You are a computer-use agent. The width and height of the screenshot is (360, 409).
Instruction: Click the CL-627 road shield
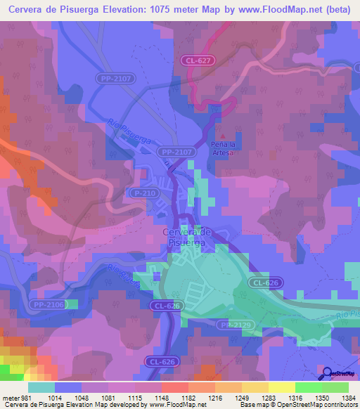click(199, 61)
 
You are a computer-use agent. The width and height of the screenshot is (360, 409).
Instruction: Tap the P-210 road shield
click(142, 192)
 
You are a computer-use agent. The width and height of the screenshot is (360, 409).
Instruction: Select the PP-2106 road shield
click(47, 304)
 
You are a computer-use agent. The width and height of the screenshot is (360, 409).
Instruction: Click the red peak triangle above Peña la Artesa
click(224, 136)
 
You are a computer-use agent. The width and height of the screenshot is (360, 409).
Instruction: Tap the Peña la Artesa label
click(226, 147)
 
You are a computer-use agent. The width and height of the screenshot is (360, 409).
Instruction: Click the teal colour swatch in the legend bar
click(41, 387)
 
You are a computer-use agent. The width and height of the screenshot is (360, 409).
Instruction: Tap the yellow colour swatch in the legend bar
click(282, 387)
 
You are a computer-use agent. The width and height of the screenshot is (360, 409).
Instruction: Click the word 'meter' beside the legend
click(9, 397)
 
